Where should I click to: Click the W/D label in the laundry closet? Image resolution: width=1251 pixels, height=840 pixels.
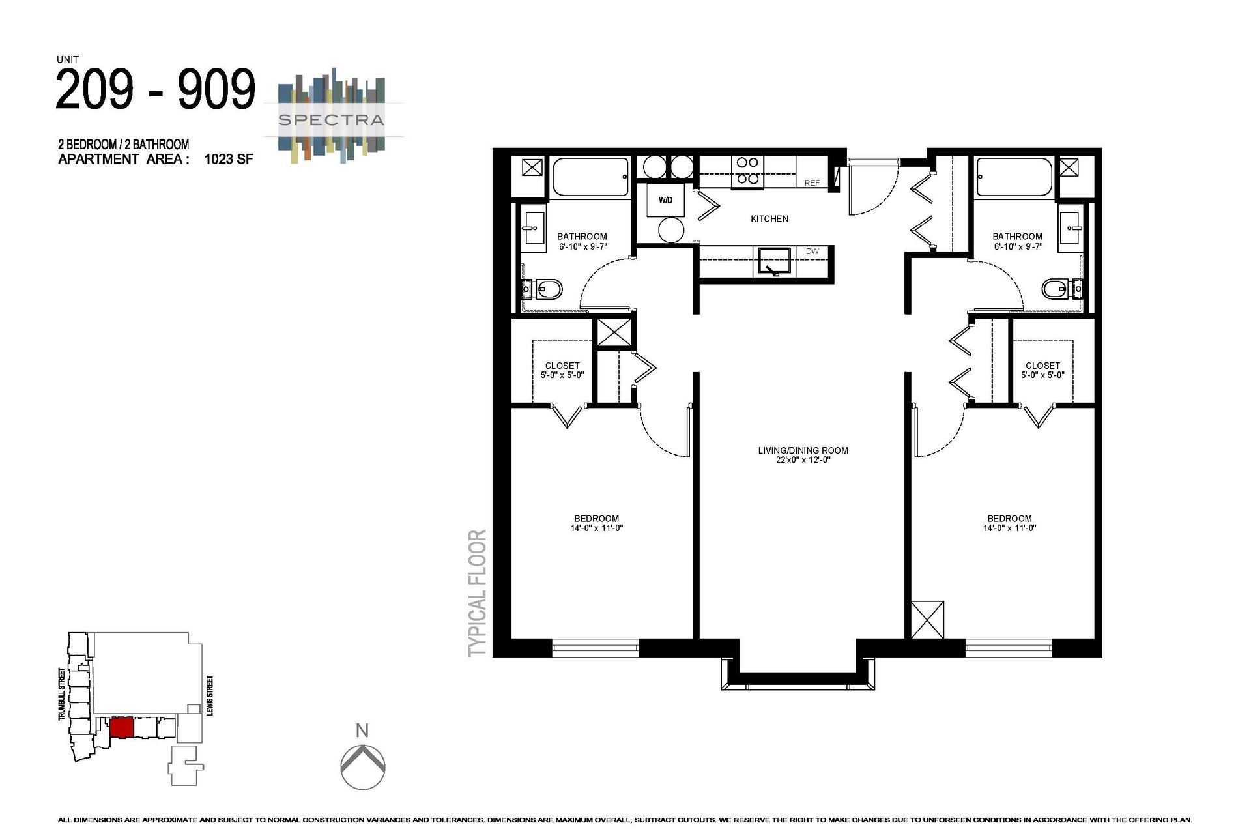click(x=665, y=200)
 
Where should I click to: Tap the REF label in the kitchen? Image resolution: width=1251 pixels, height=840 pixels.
click(x=812, y=183)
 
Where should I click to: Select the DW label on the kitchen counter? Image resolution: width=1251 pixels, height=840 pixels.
click(x=812, y=251)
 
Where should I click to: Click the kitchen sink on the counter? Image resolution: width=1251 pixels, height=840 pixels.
click(x=774, y=262)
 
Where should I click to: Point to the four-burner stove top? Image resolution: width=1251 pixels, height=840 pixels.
click(x=747, y=171)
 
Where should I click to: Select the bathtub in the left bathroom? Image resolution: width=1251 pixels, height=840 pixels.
click(x=590, y=177)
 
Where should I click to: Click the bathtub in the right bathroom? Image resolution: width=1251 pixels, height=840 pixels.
click(x=1013, y=177)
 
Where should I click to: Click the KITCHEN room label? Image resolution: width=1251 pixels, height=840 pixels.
click(x=769, y=219)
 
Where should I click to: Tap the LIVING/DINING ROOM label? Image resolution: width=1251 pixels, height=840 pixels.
click(x=803, y=450)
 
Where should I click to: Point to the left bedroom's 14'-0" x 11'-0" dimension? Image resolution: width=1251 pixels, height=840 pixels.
click(x=596, y=529)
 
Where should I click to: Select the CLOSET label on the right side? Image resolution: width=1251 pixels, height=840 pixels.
click(x=1042, y=366)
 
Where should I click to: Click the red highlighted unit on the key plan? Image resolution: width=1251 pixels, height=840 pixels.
click(x=122, y=727)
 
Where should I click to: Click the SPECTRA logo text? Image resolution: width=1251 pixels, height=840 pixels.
click(x=331, y=120)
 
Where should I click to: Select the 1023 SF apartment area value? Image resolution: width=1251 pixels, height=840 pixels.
click(x=228, y=160)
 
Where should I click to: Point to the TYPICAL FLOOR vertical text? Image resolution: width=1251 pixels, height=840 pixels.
click(x=478, y=592)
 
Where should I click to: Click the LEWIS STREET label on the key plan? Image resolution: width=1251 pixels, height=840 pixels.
click(x=210, y=696)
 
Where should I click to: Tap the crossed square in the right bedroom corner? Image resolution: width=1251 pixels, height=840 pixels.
click(x=927, y=620)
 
